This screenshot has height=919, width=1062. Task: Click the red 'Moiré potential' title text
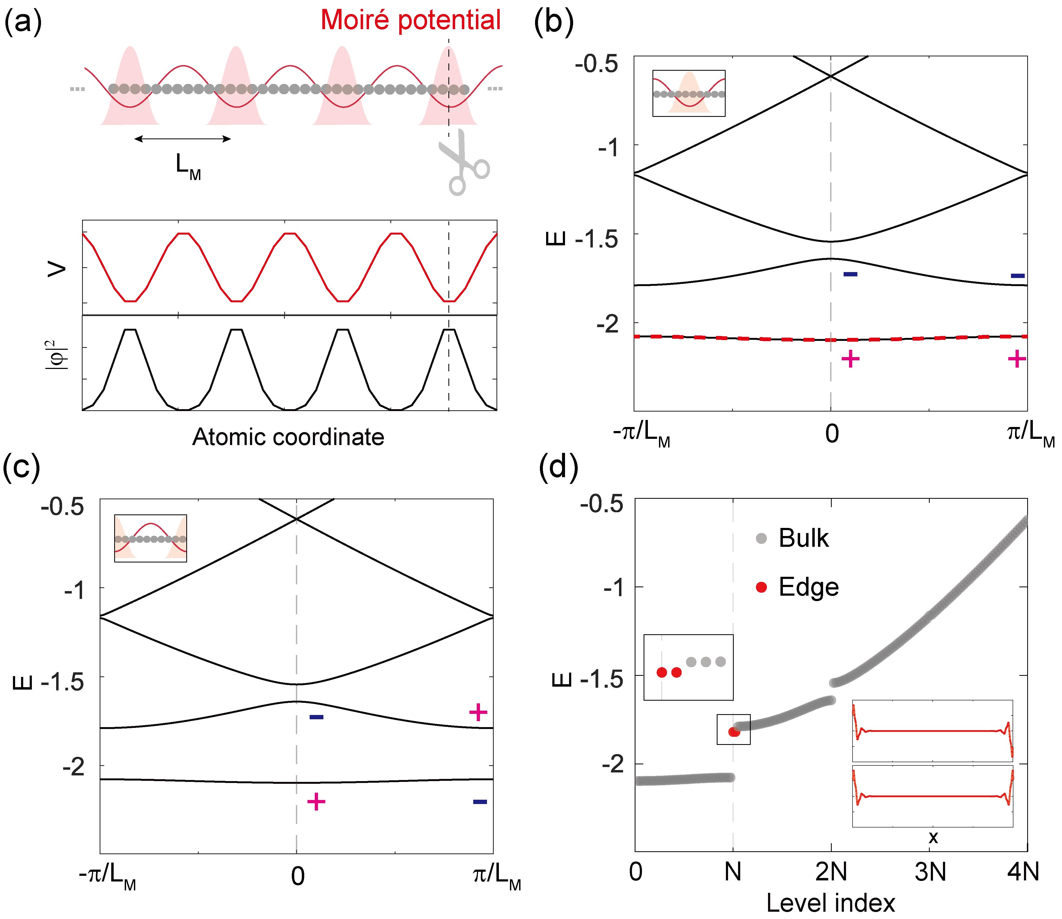410,21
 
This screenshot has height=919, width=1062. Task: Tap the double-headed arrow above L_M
182,138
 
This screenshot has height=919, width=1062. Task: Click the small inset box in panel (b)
688,93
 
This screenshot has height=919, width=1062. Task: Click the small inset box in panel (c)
150,538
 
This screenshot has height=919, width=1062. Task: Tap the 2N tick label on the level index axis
831,872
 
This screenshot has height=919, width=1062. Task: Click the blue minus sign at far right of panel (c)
480,802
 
